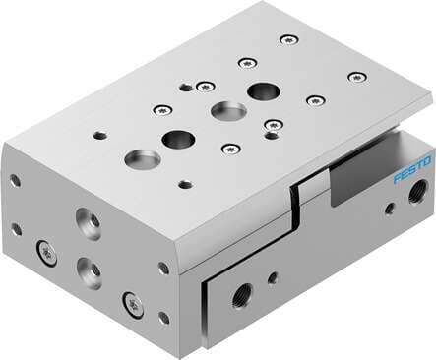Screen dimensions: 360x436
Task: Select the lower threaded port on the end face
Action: point(91,268)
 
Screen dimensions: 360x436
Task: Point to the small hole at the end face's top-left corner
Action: point(16,181)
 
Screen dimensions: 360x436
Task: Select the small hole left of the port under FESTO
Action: point(389,209)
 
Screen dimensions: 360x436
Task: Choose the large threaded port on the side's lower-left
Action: point(241,291)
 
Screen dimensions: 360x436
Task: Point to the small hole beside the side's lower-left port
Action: point(272,278)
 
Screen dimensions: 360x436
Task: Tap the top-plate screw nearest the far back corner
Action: point(286,39)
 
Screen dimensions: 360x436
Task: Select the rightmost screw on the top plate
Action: point(357,76)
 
